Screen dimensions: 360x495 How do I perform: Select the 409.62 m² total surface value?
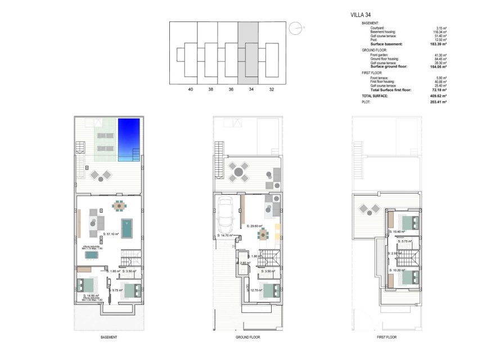tap(436, 96)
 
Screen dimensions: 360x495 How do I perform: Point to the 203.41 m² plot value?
tap(436, 102)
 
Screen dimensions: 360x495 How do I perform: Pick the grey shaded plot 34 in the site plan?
tap(248, 53)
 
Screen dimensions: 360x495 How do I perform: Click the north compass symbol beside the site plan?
tap(295, 28)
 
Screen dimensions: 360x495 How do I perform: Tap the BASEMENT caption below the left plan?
tap(109, 337)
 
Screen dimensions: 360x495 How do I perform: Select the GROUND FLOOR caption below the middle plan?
tap(247, 337)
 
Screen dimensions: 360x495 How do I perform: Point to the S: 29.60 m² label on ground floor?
tap(255, 226)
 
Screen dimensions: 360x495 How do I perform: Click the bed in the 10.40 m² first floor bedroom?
tap(409, 222)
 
